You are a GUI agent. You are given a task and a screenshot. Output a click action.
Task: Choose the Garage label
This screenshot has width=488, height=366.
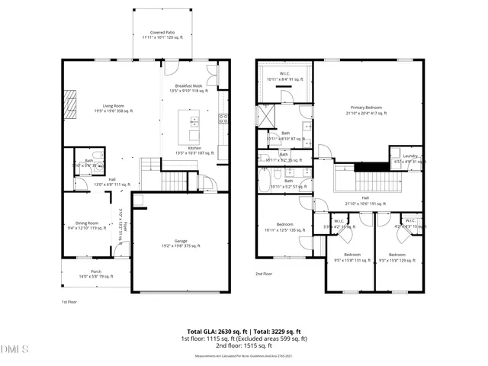[x=180, y=242]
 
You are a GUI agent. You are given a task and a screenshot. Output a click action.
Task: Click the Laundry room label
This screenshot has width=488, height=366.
[x=405, y=158]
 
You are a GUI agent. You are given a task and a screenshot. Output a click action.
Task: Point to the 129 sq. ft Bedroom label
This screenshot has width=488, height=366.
[x=397, y=256]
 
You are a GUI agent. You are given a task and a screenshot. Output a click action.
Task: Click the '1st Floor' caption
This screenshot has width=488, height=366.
[x=70, y=302]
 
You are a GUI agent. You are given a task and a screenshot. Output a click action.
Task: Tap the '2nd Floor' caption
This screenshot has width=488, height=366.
[x=264, y=274]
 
